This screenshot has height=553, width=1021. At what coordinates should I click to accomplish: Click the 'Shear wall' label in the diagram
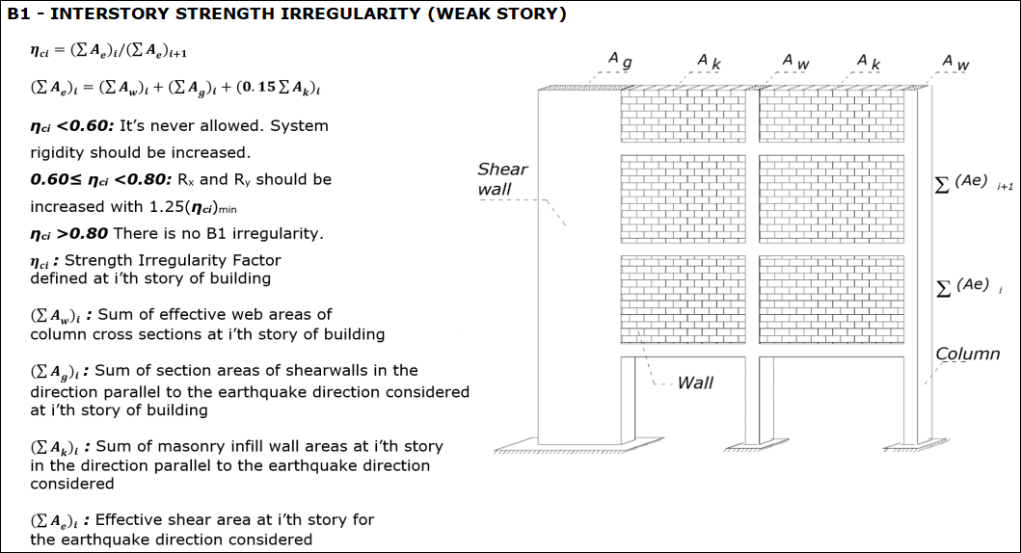[502, 179]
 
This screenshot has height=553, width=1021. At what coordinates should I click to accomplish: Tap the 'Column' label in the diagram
[967, 354]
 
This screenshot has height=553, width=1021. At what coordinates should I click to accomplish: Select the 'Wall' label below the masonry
[695, 382]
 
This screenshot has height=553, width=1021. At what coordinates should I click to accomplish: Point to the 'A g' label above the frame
[619, 61]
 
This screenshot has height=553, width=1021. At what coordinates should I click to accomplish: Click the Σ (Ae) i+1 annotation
[974, 183]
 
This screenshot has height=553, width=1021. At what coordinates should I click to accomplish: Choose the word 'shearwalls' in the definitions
[354, 370]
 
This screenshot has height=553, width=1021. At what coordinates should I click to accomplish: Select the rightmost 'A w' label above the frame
[956, 63]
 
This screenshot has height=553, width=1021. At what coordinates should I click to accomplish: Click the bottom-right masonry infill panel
[831, 299]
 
